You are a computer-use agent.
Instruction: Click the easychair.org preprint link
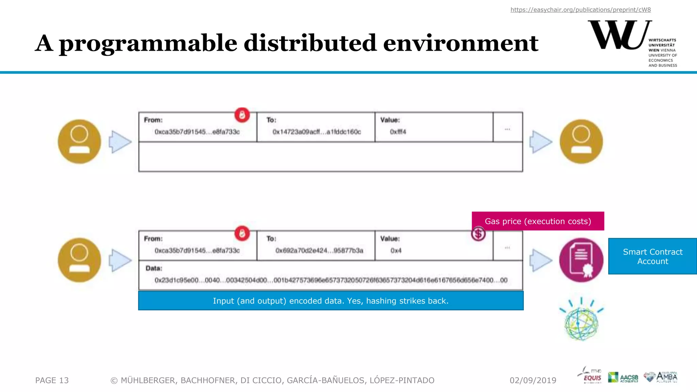(x=580, y=10)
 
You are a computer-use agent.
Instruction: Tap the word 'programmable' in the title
(x=148, y=44)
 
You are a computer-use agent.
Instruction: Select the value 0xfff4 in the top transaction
(x=398, y=132)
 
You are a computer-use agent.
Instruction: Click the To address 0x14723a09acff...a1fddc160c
(x=317, y=132)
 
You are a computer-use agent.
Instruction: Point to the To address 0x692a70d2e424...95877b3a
(x=319, y=250)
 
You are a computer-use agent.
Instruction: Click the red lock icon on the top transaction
(x=242, y=115)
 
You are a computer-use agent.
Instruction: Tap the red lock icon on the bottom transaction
(x=242, y=233)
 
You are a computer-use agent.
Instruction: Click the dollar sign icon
(x=478, y=234)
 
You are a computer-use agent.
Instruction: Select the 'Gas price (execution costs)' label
(x=538, y=221)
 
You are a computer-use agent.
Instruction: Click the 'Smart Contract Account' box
(x=652, y=256)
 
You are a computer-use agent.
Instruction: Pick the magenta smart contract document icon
(x=581, y=260)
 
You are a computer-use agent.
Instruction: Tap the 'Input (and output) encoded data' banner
(x=330, y=301)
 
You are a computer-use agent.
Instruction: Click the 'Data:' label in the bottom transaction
(x=154, y=268)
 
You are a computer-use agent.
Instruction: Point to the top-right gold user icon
(x=581, y=142)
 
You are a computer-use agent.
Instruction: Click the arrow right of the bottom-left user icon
(x=120, y=260)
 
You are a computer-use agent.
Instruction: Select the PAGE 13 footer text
(x=52, y=380)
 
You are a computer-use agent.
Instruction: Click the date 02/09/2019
(x=533, y=380)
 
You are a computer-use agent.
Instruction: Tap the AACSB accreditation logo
(x=623, y=377)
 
